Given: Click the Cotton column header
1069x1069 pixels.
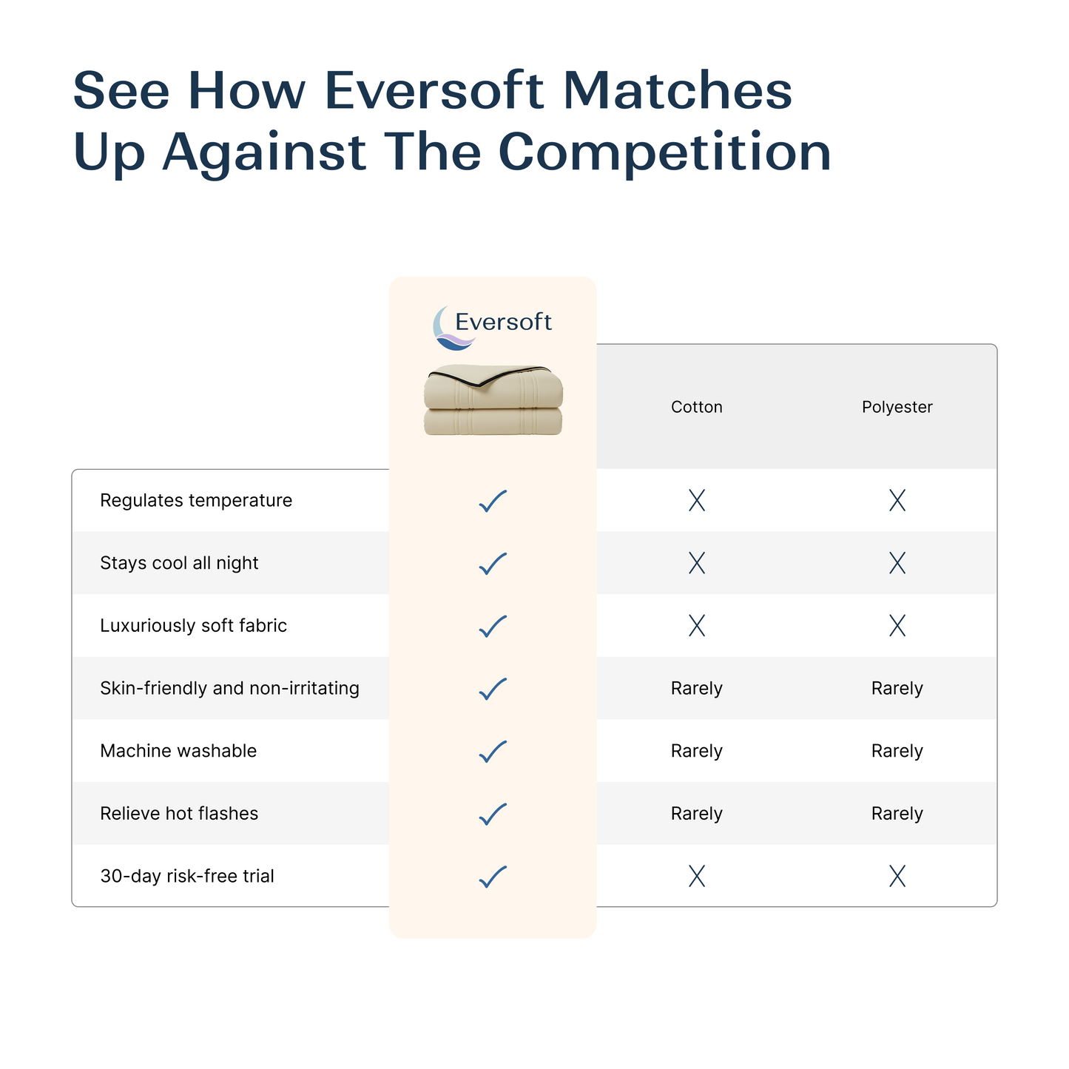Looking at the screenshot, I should pos(696,407).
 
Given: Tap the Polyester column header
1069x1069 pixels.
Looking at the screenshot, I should pos(897,407).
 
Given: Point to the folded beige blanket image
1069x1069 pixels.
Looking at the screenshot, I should pos(493,399).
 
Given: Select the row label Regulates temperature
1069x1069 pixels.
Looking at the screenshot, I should pos(196,501).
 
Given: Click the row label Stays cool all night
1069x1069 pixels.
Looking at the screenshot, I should pos(179,563).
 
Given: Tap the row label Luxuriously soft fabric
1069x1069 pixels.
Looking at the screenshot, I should pos(193,626).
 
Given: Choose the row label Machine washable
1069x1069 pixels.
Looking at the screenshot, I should pos(178,751).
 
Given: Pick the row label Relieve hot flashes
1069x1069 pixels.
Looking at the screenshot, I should pos(179,814).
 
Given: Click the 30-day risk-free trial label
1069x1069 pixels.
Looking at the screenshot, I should pos(187,877).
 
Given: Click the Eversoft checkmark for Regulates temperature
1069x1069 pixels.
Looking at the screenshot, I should pos(493,501).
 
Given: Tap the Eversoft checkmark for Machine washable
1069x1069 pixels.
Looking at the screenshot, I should pos(493,751).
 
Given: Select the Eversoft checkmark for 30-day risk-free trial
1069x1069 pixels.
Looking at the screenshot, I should pos(493,877).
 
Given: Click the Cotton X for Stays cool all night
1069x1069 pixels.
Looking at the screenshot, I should pos(696,564).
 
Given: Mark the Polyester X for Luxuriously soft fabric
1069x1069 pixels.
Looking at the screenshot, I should pos(897,626).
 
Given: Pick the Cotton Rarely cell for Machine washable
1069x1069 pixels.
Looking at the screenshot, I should pos(696,751).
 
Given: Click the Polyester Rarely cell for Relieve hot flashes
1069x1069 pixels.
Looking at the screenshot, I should pos(897,814).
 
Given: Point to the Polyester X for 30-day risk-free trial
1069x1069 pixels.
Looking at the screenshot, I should pos(897,877).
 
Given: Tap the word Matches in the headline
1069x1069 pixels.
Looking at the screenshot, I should pos(677,90).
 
